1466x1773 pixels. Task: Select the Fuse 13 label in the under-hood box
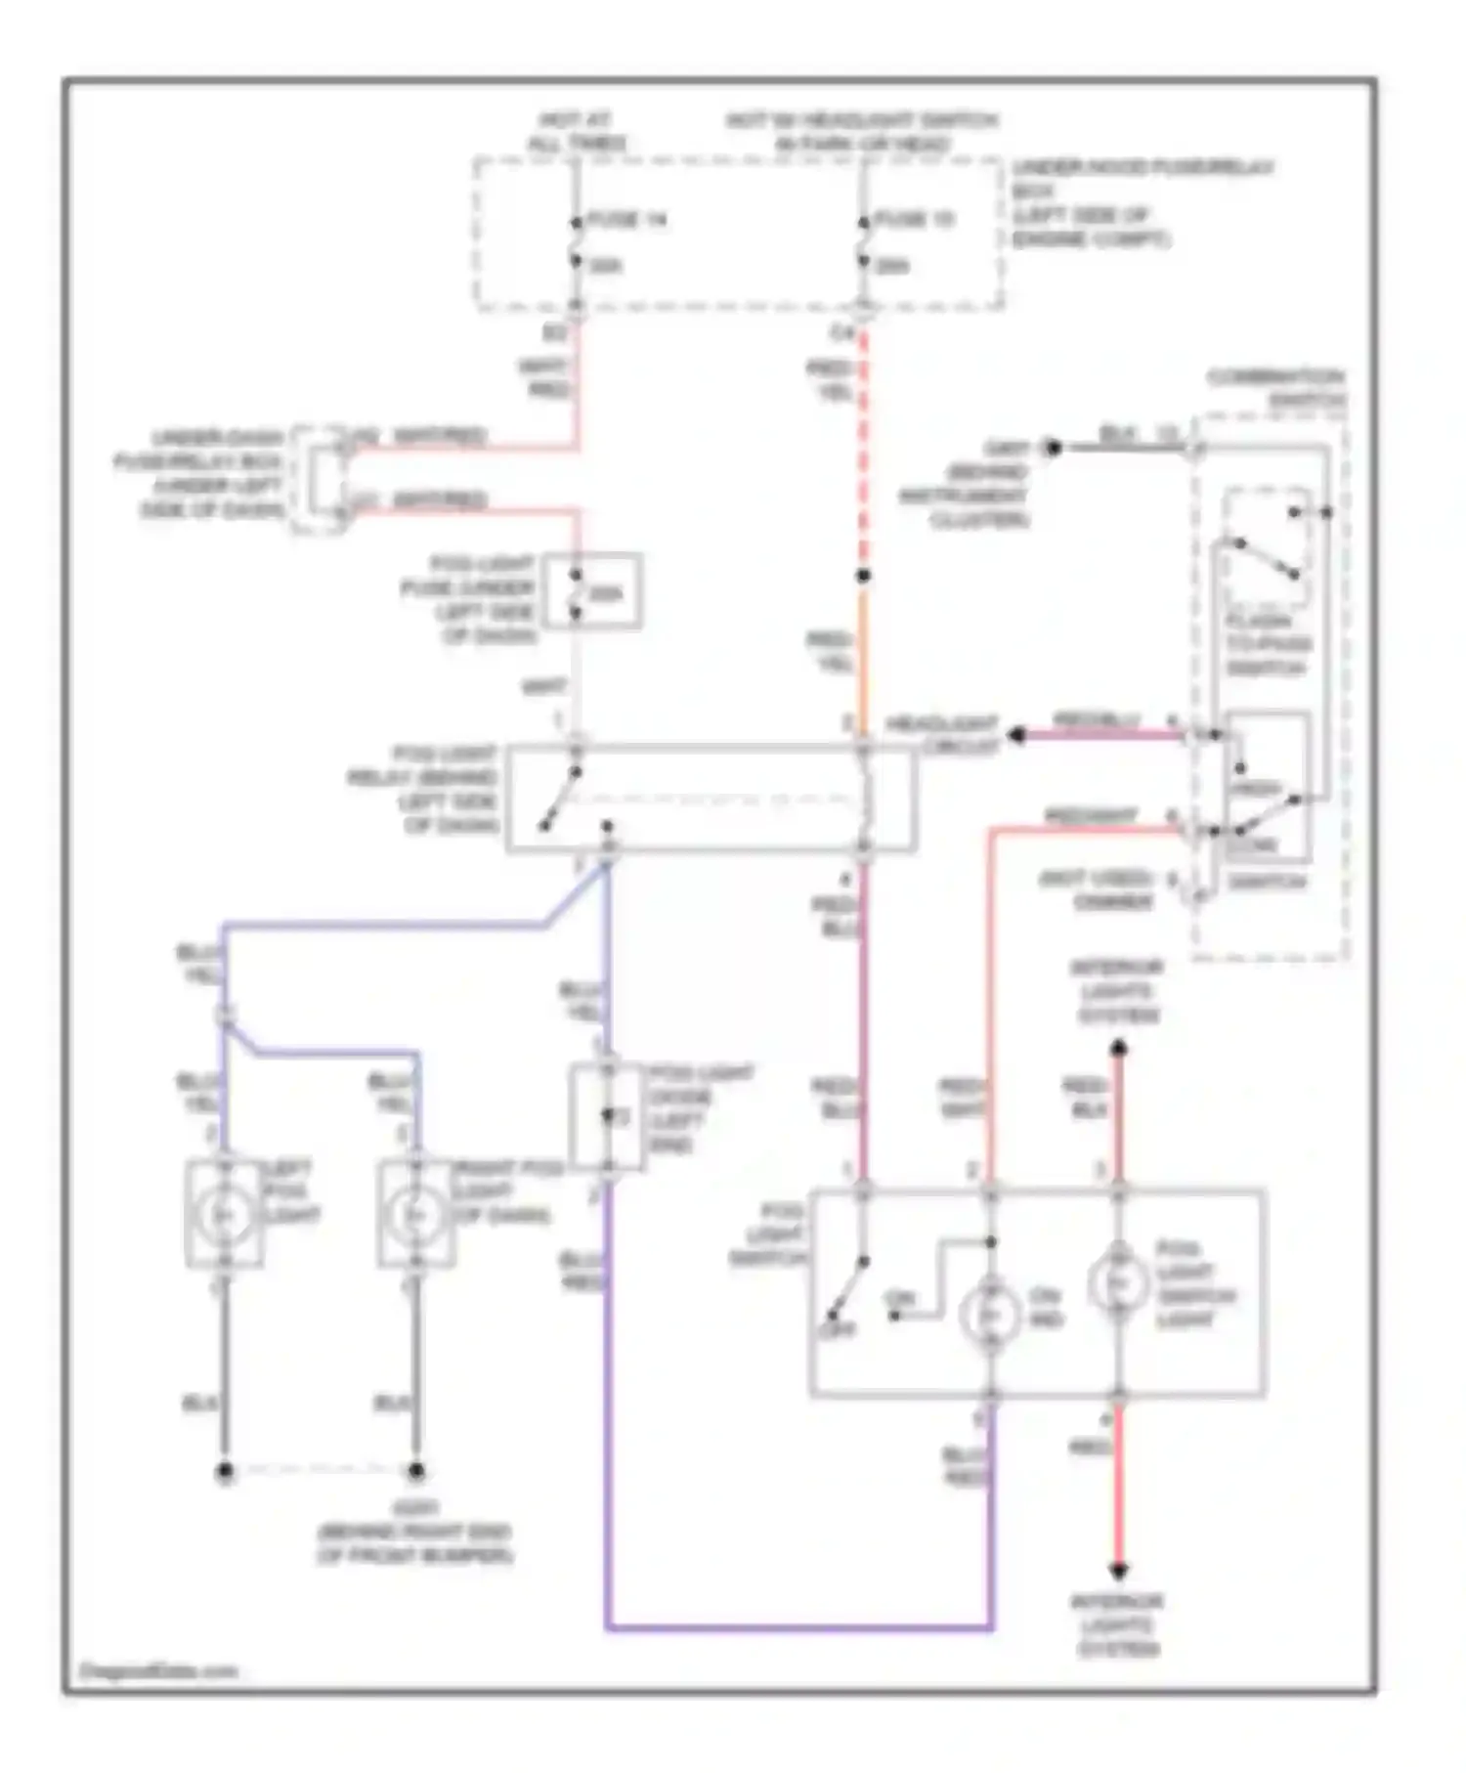coord(915,221)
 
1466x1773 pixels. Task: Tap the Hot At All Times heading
coord(577,132)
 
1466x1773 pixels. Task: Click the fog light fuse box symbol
coord(592,591)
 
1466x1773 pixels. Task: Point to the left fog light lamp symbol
coord(224,1214)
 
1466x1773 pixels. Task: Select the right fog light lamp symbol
coord(416,1214)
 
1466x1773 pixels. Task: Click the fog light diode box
coord(607,1117)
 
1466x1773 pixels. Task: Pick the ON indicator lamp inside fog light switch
coord(989,1316)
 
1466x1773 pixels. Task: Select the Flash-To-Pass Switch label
coord(1268,644)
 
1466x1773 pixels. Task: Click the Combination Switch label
coord(1274,388)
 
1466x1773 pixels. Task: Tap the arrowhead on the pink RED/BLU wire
coord(1016,735)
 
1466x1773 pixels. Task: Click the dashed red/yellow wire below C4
coord(863,450)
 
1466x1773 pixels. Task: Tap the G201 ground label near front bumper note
coord(414,1508)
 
